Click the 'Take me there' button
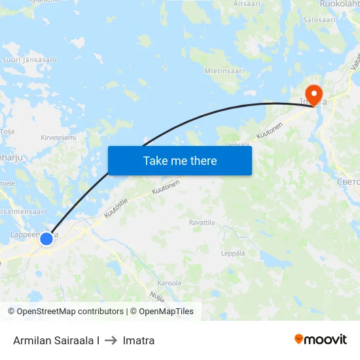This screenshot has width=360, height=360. click(x=179, y=160)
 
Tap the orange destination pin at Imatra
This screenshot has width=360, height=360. click(x=314, y=95)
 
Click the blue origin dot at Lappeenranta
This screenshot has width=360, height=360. click(x=46, y=239)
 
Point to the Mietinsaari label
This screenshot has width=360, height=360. click(x=224, y=70)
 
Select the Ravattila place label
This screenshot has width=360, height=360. click(x=202, y=223)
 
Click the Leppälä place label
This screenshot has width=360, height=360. click(x=234, y=253)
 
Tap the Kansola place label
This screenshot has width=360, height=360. click(x=170, y=283)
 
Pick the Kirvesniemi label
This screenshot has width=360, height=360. click(x=59, y=137)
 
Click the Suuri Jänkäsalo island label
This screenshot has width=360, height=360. click(x=30, y=60)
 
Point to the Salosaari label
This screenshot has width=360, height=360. click(x=319, y=20)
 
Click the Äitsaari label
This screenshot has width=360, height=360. click(x=247, y=3)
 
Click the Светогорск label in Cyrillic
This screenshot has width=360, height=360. click(x=347, y=181)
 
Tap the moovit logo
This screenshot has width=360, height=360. click(x=321, y=339)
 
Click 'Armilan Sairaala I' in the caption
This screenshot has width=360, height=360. click(x=56, y=340)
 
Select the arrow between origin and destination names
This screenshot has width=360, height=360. click(x=111, y=340)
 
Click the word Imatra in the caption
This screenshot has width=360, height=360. click(x=139, y=340)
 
